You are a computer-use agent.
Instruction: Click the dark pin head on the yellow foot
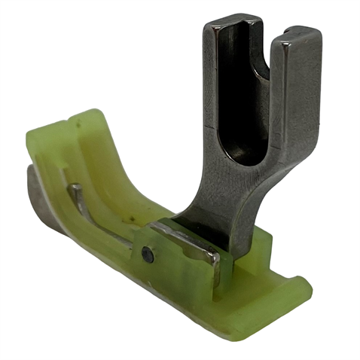click(148, 255)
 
